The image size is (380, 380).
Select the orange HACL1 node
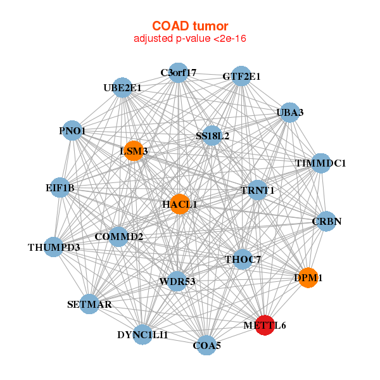click(180, 204)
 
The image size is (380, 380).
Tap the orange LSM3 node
click(134, 151)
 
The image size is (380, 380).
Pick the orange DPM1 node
click(308, 278)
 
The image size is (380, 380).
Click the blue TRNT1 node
click(257, 190)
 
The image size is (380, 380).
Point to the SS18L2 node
click(212, 136)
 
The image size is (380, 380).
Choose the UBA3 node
click(289, 113)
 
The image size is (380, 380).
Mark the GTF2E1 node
click(241, 76)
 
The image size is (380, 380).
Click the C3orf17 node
click(178, 73)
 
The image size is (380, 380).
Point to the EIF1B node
click(60, 188)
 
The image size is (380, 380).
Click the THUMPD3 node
click(54, 246)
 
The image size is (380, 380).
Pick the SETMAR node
click(89, 304)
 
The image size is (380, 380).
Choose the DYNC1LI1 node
click(142, 334)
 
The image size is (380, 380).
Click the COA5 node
click(206, 345)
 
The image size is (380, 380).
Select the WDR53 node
click(177, 281)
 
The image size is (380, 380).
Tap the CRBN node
click(326, 222)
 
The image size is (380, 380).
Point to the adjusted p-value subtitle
click(189, 39)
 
